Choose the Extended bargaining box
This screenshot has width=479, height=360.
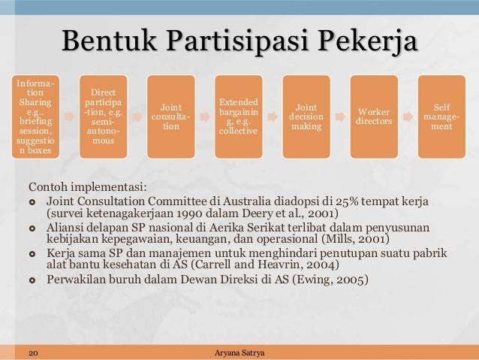pos(237,116)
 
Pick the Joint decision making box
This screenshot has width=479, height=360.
pos(306,116)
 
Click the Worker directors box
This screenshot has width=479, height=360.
pos(373,116)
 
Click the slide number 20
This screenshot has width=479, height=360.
pos(33,352)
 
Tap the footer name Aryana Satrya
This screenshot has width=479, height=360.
pos(239,352)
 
